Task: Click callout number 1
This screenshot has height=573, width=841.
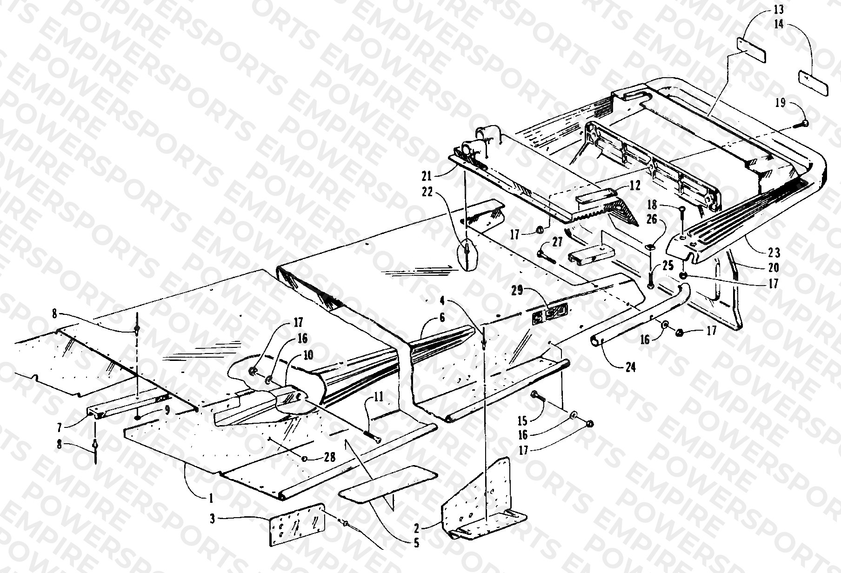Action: [211, 499]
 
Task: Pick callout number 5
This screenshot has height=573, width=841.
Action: [416, 542]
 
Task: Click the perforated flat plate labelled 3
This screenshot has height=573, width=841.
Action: [296, 524]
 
